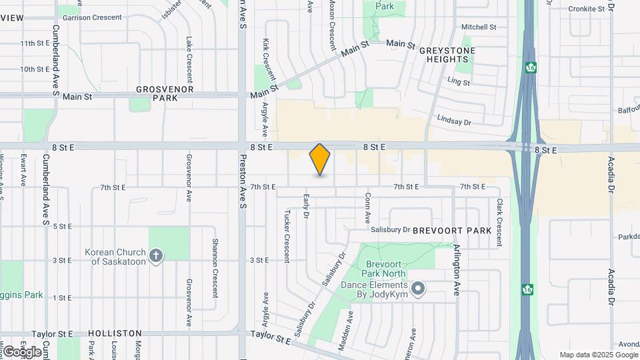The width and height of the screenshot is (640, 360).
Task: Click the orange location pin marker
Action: pos(320,159)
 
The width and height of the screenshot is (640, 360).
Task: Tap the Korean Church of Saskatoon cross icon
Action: pos(155,256)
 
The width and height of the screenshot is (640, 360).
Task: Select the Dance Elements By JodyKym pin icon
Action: pos(418,289)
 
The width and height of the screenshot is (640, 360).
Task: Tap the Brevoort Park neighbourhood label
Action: pos(452,231)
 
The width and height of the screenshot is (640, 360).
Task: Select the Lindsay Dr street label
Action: pos(454,122)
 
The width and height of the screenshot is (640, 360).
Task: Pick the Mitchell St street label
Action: pos(479,27)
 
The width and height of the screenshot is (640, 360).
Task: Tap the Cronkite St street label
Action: pos(590,9)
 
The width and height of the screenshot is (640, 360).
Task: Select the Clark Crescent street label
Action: pos(499,222)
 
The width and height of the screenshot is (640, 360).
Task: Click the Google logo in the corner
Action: pos(21,351)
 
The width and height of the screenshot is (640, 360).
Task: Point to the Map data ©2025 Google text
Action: pos(598,355)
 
